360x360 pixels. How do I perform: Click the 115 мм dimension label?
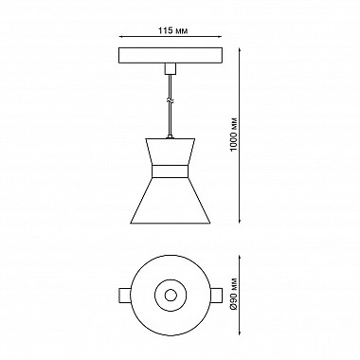click(172, 30)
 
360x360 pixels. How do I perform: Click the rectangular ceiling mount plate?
click(171, 55)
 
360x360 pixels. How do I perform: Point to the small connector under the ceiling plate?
click(171, 68)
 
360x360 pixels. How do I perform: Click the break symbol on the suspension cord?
click(171, 101)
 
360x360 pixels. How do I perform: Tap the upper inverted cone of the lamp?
click(171, 152)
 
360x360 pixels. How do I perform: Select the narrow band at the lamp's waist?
click(171, 171)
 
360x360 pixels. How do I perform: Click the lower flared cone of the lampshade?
click(171, 201)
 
